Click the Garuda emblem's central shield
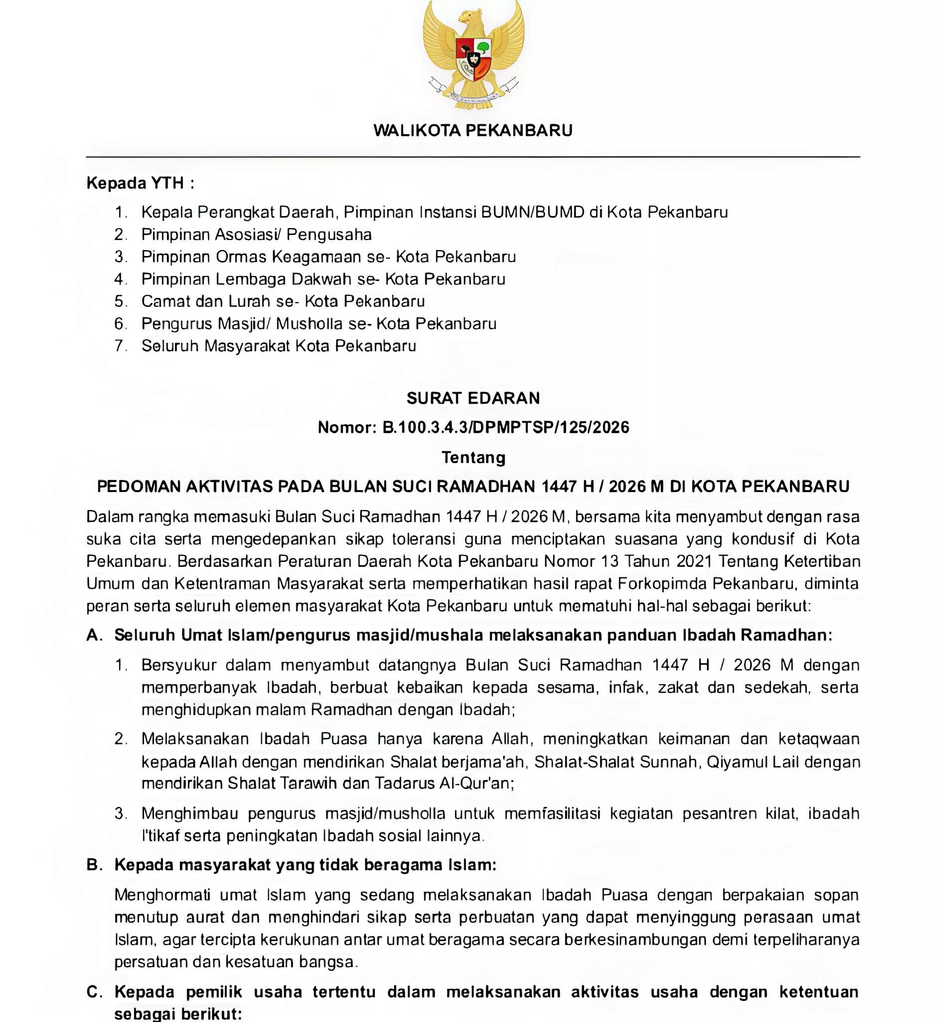(474, 59)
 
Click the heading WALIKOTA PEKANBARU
(473, 130)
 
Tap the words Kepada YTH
(135, 183)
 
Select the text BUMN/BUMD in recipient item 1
(533, 212)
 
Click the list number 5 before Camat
(120, 301)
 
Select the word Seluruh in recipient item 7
(170, 346)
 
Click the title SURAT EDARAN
(473, 398)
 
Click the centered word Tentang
(473, 458)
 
